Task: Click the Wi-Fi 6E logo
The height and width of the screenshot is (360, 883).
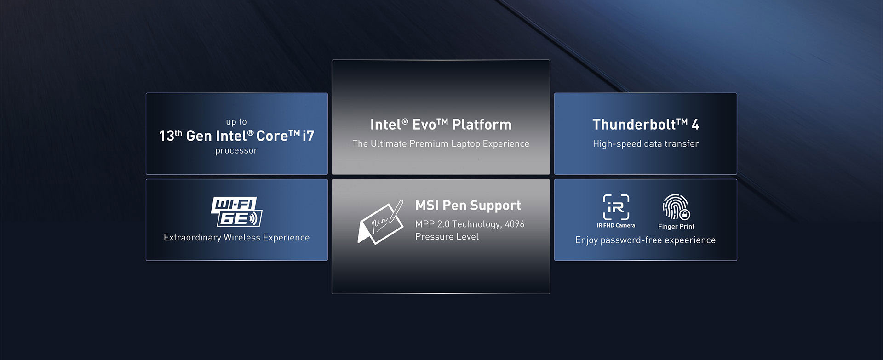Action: pyautogui.click(x=236, y=211)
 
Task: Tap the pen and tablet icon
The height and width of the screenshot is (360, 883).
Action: pyautogui.click(x=380, y=223)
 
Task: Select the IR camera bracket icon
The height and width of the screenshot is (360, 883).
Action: pyautogui.click(x=616, y=207)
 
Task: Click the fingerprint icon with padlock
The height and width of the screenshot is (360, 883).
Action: pyautogui.click(x=676, y=207)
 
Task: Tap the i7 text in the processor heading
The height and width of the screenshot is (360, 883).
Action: pyautogui.click(x=309, y=136)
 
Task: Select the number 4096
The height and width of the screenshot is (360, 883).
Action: pyautogui.click(x=515, y=224)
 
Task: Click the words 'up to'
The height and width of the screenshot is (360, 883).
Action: pyautogui.click(x=236, y=122)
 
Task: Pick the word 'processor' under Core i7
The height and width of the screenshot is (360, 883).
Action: pyautogui.click(x=236, y=150)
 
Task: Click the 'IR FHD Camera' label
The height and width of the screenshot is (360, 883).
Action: pyautogui.click(x=616, y=226)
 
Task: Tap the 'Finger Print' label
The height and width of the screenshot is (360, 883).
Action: pyautogui.click(x=676, y=226)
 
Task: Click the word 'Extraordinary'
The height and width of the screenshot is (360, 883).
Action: pyautogui.click(x=192, y=237)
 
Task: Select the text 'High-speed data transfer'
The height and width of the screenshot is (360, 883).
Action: pyautogui.click(x=645, y=144)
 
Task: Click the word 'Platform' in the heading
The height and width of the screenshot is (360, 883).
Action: pyautogui.click(x=482, y=125)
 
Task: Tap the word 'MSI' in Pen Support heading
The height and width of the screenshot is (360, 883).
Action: pyautogui.click(x=427, y=205)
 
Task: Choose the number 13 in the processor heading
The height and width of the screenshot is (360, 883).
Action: pyautogui.click(x=166, y=136)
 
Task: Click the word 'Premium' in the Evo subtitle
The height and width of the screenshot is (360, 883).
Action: pyautogui.click(x=429, y=144)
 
